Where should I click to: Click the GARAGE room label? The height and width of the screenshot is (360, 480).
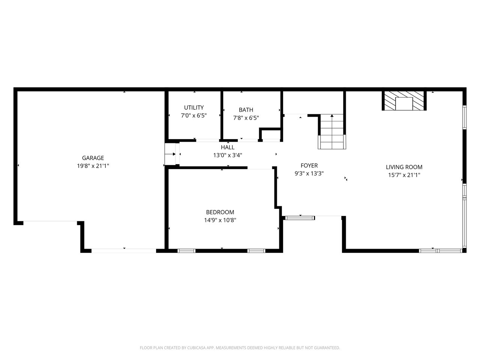(x=93, y=158)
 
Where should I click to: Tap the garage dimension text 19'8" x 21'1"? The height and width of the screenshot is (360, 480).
(x=93, y=166)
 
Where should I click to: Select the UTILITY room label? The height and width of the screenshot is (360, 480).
(x=194, y=108)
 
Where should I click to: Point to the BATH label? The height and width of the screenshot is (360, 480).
(x=246, y=110)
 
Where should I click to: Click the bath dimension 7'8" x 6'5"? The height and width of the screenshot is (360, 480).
(x=246, y=118)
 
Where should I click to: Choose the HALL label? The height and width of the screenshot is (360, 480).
(x=228, y=147)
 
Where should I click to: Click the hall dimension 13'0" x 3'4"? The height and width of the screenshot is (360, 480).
(x=228, y=155)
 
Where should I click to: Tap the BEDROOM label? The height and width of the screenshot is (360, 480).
(x=220, y=212)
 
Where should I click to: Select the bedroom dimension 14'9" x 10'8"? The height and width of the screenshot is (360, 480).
(x=220, y=220)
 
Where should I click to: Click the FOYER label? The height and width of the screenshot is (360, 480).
(x=309, y=165)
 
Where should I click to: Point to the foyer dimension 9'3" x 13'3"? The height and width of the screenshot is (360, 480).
(x=309, y=174)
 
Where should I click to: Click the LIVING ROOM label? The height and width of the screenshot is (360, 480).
(x=404, y=167)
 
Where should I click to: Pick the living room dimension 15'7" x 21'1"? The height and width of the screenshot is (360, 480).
(x=404, y=175)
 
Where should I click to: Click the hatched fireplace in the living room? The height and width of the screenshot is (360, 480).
(x=404, y=101)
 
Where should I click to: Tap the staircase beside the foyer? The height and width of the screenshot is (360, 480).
(x=332, y=132)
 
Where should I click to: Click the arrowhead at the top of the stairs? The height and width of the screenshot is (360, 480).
(x=332, y=115)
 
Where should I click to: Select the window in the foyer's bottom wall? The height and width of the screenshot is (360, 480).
(x=300, y=218)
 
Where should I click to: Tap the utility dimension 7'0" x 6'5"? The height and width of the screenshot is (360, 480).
(x=194, y=115)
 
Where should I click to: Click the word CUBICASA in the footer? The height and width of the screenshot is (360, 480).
(x=196, y=348)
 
